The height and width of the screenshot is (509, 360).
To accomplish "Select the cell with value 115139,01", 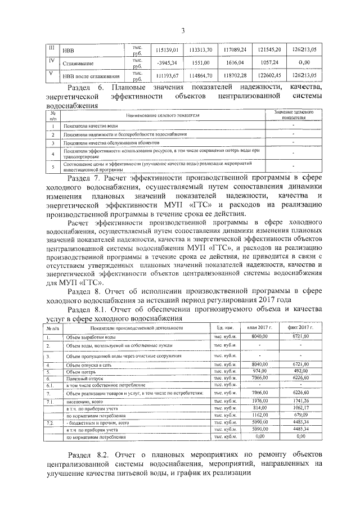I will click(x=166, y=49).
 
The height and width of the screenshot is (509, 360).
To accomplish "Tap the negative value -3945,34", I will click(x=166, y=62).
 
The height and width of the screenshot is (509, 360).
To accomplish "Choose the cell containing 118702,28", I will click(x=234, y=75).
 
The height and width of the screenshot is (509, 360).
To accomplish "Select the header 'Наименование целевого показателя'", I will click(x=163, y=115).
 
